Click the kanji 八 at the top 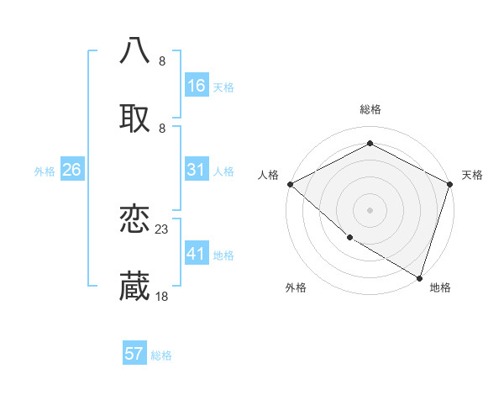134,50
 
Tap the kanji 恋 134,220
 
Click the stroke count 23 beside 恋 162,229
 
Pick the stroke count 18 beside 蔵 162,296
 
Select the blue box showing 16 197,86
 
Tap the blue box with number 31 197,170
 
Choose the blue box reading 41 197,254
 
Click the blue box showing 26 71,170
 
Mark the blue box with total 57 134,354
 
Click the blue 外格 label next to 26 45,171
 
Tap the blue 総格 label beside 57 161,355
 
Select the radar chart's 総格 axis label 370,109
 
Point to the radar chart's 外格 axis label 296,287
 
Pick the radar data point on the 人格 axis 290,184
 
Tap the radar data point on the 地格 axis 419,277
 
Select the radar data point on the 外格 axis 349,238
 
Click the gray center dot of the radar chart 370,210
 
